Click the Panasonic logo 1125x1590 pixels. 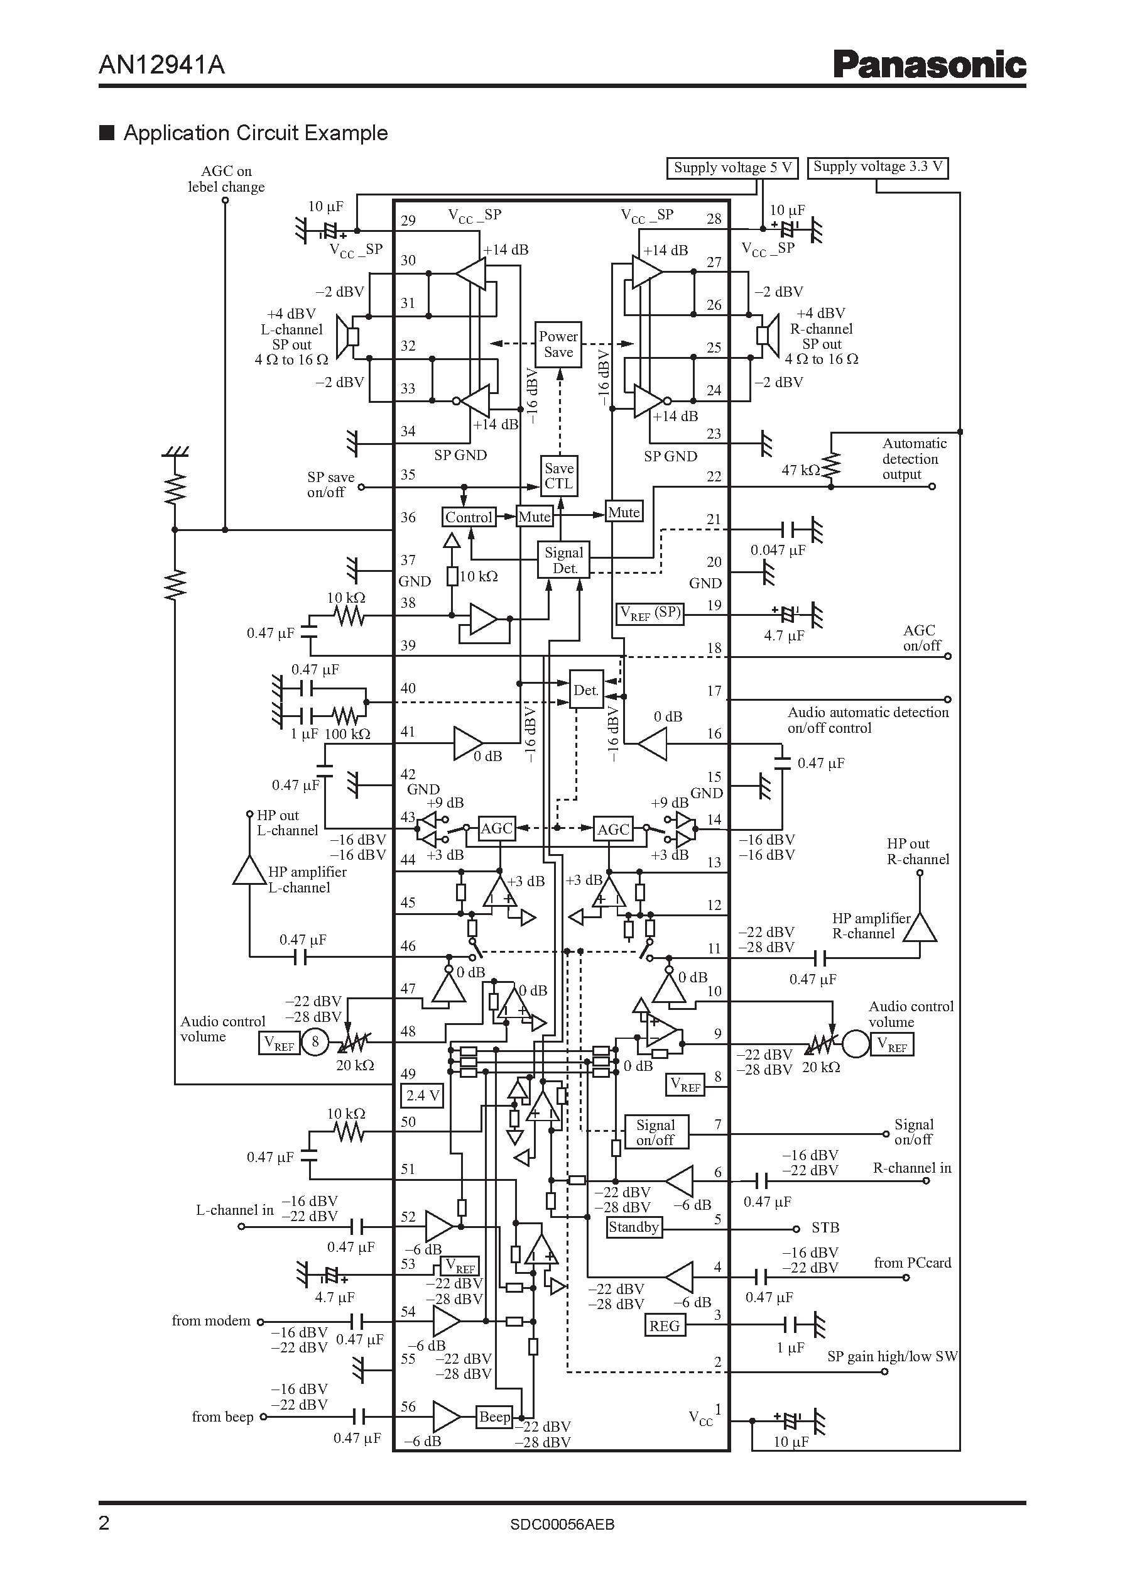coord(929,65)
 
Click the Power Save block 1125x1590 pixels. coord(558,344)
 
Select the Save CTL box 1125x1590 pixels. coord(558,476)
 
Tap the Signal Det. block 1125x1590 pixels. coord(564,560)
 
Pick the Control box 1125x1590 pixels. coord(469,517)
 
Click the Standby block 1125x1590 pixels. coord(633,1227)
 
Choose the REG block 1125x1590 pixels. coord(665,1326)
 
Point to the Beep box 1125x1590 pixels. coord(494,1417)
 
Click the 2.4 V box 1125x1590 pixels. coord(422,1096)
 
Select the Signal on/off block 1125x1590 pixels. coord(655,1132)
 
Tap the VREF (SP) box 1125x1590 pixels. coord(649,613)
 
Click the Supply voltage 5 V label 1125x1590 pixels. coord(732,168)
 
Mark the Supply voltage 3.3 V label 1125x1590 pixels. coord(878,167)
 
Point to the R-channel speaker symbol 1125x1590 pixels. coord(767,336)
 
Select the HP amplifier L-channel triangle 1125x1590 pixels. coord(249,870)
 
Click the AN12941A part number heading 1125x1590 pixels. coord(161,65)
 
